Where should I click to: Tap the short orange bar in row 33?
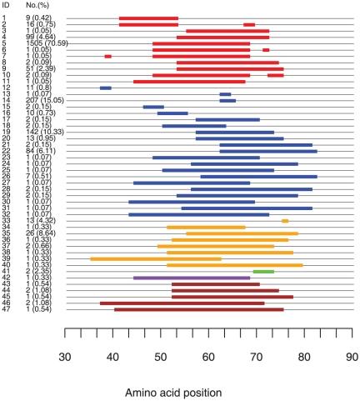284,221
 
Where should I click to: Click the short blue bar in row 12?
105,88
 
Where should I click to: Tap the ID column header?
7,7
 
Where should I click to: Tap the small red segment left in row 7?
107,56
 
